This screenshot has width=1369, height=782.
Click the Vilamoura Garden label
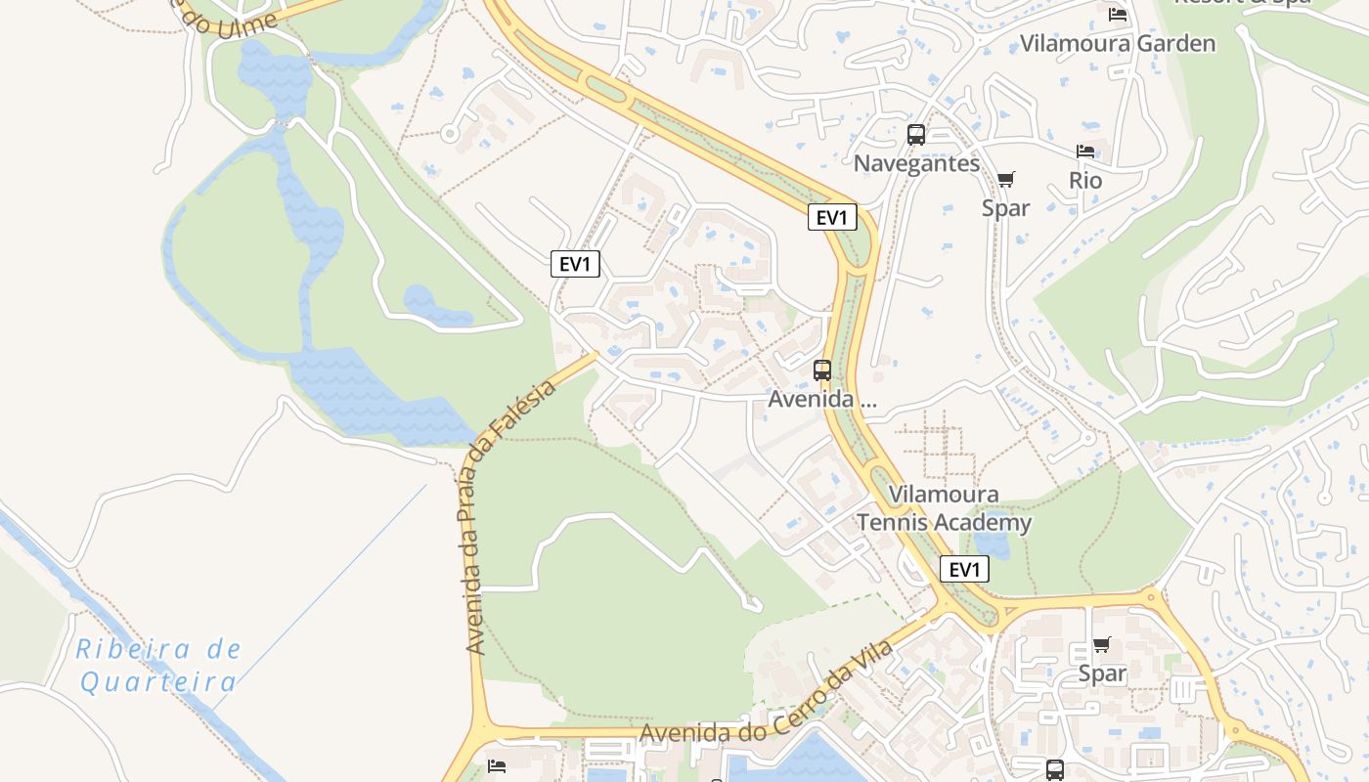tap(1118, 44)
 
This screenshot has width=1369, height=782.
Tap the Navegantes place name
tap(916, 163)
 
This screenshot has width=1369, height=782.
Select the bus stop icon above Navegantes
tap(916, 135)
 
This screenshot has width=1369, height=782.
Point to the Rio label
tap(1085, 181)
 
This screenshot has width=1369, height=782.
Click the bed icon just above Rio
tap(1085, 152)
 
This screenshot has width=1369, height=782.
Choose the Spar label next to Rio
tap(1005, 208)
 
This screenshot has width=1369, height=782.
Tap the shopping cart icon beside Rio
tap(1005, 179)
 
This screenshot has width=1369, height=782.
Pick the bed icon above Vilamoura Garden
tap(1118, 15)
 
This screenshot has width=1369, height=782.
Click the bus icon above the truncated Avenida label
tap(822, 370)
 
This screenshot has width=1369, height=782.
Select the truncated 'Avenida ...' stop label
tap(822, 400)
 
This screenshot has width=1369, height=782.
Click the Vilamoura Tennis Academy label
tap(945, 508)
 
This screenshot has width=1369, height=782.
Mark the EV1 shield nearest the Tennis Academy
tap(964, 569)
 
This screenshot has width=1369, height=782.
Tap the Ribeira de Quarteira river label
tap(158, 665)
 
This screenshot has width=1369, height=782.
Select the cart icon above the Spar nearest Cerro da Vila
tap(1102, 644)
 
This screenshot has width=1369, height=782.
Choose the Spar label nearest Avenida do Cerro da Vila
tap(1102, 673)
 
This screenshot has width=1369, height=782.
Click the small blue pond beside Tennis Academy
tap(992, 542)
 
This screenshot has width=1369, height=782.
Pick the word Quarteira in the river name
tap(158, 681)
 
